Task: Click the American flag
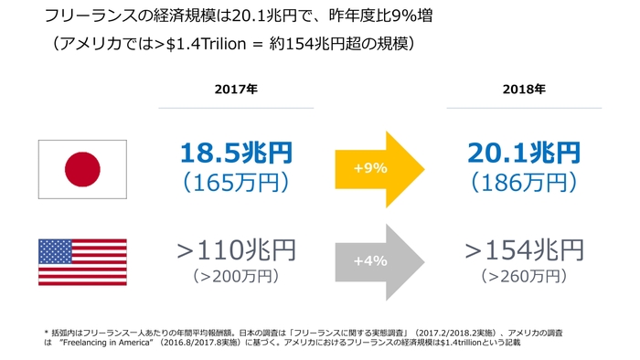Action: pyautogui.click(x=82, y=262)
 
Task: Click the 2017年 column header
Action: pyautogui.click(x=236, y=90)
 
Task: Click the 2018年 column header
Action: pyautogui.click(x=525, y=90)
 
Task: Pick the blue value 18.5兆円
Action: pyautogui.click(x=236, y=153)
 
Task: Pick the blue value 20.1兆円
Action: pyautogui.click(x=525, y=153)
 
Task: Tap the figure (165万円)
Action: pyautogui.click(x=236, y=182)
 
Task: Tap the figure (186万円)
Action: pyautogui.click(x=525, y=182)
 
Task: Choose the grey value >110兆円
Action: pyautogui.click(x=236, y=249)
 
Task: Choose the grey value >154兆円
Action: pyautogui.click(x=525, y=249)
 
